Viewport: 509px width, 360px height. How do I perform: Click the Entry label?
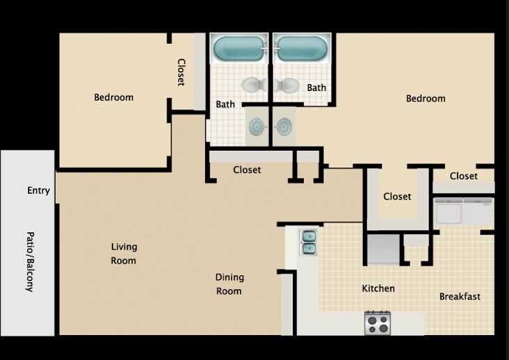[38, 190]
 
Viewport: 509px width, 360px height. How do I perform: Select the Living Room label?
[124, 254]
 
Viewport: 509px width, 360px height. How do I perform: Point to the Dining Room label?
[229, 284]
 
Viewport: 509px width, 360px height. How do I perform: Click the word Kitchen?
[378, 288]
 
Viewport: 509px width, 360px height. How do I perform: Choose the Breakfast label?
[460, 297]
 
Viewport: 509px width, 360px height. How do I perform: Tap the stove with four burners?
[378, 322]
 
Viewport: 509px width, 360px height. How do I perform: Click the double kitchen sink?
[308, 242]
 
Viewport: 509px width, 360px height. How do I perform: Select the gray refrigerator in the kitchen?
[383, 249]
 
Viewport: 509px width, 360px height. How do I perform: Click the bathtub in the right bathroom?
[300, 49]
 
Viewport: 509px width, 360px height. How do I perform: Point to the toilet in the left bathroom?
[252, 85]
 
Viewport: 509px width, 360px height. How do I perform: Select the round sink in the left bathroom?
[257, 127]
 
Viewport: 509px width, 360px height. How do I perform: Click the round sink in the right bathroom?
[283, 127]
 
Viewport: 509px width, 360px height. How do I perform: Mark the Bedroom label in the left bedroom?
[113, 97]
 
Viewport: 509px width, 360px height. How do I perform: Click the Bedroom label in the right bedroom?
[426, 99]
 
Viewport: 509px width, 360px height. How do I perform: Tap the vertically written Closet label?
[181, 72]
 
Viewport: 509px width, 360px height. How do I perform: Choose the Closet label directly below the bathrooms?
[247, 170]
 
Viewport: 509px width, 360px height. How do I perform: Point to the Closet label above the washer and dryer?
[463, 176]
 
